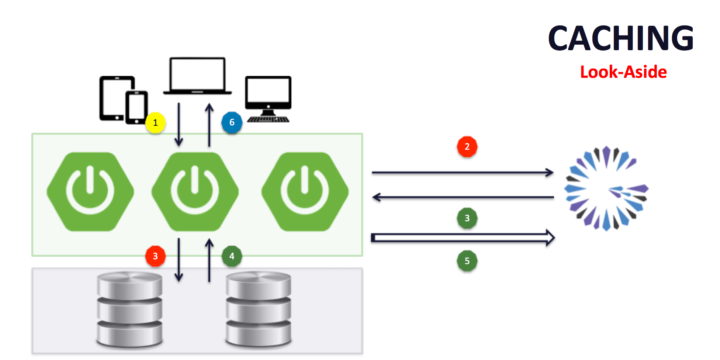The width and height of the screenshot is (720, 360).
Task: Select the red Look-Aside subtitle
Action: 623,72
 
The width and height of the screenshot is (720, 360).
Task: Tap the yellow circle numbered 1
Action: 155,123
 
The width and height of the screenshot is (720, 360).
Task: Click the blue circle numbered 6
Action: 232,122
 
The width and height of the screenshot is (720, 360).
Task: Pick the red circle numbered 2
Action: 467,147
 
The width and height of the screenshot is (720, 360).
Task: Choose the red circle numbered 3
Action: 155,256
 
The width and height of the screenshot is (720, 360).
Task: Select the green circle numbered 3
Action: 467,218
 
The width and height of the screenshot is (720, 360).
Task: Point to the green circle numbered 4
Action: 232,256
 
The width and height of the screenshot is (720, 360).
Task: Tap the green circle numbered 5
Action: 467,261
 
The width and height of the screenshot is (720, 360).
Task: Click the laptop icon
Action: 197,76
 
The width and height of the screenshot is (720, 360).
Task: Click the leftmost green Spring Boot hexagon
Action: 90,192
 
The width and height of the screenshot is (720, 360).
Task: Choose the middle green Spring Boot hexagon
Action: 195,192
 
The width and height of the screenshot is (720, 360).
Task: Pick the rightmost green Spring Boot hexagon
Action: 305,192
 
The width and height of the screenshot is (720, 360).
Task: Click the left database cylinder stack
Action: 129,309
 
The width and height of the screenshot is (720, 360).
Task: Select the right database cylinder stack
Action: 258,309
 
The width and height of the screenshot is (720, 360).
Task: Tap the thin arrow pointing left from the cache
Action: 463,197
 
